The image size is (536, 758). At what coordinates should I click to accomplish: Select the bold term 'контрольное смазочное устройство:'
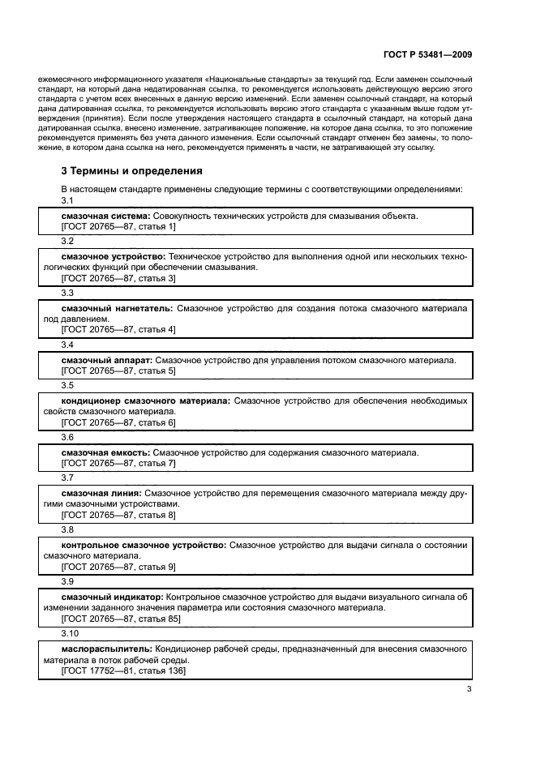tap(144, 546)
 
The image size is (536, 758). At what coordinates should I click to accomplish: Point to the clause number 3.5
tap(67, 384)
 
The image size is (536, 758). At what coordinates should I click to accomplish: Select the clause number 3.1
tap(67, 200)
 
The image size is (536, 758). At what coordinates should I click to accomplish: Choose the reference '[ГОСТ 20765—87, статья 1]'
tap(118, 227)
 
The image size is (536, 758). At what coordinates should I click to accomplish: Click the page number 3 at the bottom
tap(469, 690)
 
